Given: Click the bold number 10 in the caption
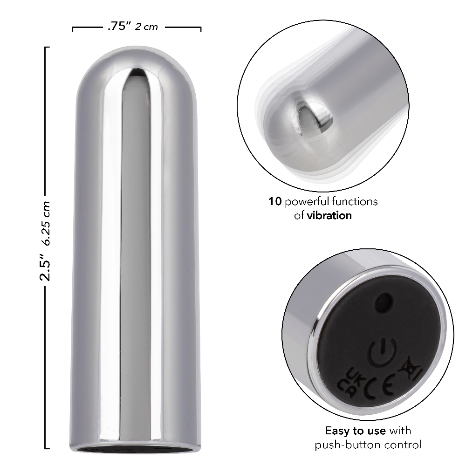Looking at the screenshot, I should click(274, 202).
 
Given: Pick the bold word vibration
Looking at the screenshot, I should click(329, 215).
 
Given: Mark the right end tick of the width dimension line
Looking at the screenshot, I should click(201, 29).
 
